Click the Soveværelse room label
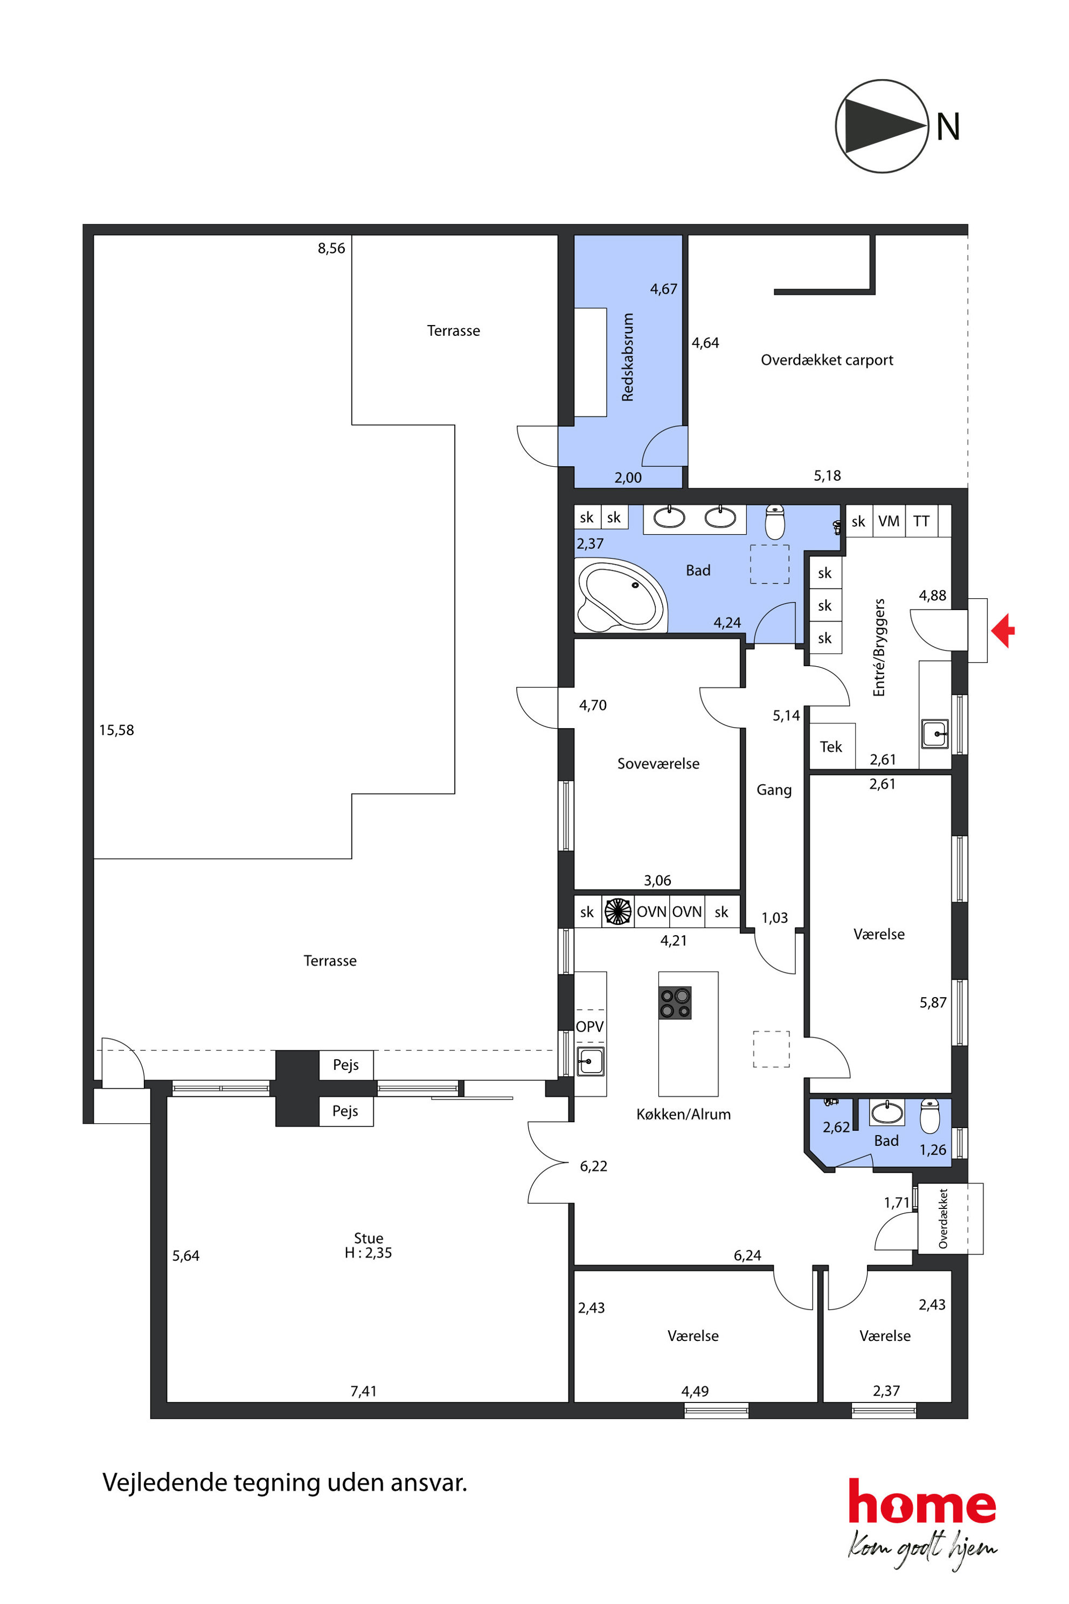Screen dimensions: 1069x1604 (x=658, y=764)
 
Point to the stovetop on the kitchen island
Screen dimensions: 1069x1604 (x=675, y=1002)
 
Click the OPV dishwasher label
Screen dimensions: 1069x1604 (x=589, y=1026)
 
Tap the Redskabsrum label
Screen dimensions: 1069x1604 (x=628, y=357)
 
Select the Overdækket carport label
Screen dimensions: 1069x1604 (x=827, y=359)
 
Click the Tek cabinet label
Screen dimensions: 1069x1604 (x=831, y=747)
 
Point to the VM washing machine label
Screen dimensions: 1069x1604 (x=889, y=521)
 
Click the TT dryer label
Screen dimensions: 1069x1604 (x=922, y=521)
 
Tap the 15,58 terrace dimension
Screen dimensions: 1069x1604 (x=116, y=730)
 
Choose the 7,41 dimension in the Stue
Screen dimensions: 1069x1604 (x=363, y=1391)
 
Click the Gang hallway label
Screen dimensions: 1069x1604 (x=774, y=790)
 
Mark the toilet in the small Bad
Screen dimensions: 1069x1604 (x=930, y=1115)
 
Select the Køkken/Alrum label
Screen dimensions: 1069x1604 (x=684, y=1115)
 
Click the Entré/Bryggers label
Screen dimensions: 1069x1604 (x=879, y=647)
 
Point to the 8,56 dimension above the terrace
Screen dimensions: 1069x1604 (x=331, y=248)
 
